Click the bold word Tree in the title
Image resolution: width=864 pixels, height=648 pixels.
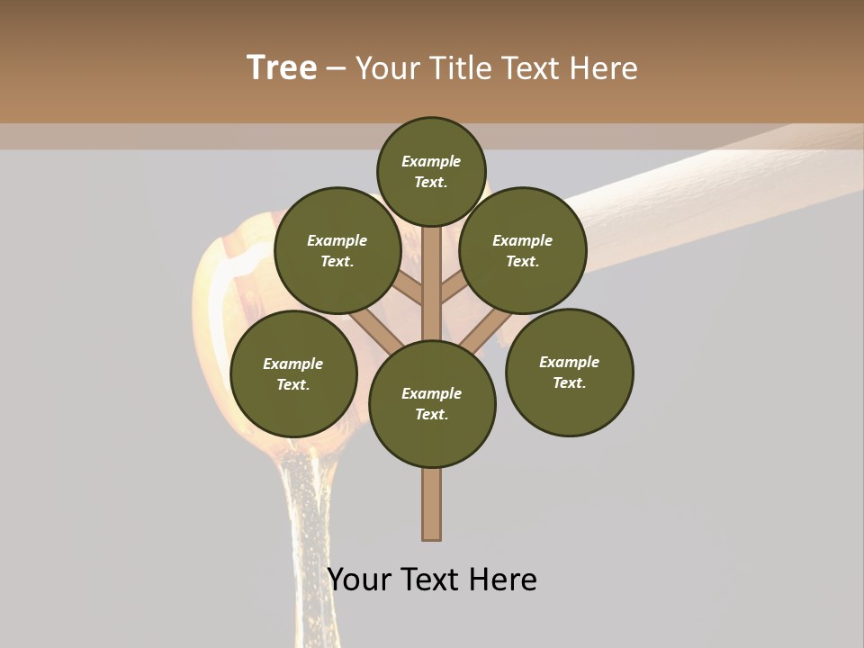click(282, 67)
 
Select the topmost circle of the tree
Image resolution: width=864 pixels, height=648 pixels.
click(431, 171)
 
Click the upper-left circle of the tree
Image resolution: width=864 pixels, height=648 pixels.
click(337, 250)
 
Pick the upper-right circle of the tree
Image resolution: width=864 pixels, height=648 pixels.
click(523, 250)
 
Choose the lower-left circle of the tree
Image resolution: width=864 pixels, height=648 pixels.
click(293, 373)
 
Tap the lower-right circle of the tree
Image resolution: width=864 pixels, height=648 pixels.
click(569, 372)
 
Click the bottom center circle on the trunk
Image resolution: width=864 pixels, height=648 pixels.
click(432, 403)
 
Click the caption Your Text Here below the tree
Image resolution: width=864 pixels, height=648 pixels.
click(432, 579)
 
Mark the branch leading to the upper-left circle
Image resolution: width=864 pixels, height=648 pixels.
click(409, 289)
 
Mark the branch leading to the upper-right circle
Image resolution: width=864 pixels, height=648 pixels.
click(453, 290)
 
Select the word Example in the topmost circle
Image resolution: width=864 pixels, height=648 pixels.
click(431, 161)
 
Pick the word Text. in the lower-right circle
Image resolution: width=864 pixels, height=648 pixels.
click(569, 382)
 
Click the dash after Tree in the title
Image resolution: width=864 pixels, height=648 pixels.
click(336, 68)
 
